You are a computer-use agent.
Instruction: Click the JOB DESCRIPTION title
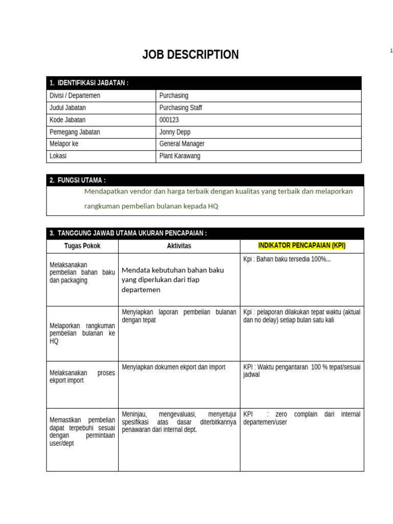click(x=190, y=55)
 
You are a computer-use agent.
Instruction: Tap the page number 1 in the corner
click(x=391, y=50)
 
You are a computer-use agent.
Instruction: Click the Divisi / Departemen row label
click(x=75, y=96)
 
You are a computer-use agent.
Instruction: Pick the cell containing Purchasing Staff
click(x=181, y=108)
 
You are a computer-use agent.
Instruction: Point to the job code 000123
click(x=169, y=120)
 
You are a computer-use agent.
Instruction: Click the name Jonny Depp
click(x=175, y=132)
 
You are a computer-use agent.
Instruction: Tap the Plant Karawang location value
click(x=180, y=156)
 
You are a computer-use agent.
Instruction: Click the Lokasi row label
click(x=58, y=156)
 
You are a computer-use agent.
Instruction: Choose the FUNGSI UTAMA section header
click(x=78, y=180)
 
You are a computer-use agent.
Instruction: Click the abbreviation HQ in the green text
click(x=213, y=206)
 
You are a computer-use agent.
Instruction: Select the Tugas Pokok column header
click(x=82, y=246)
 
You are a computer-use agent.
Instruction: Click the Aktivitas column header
click(x=179, y=246)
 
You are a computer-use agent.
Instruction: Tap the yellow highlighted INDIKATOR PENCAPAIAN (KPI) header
click(x=302, y=246)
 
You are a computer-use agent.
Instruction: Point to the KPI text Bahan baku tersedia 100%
click(x=287, y=259)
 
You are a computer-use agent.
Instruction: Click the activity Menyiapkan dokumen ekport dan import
click(x=173, y=367)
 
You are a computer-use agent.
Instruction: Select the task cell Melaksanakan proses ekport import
click(x=82, y=377)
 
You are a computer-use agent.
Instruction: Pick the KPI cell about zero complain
click(x=301, y=418)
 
